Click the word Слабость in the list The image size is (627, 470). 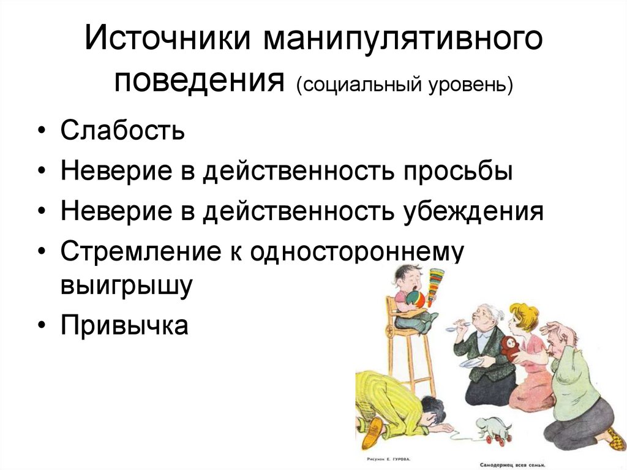tap(122, 132)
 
